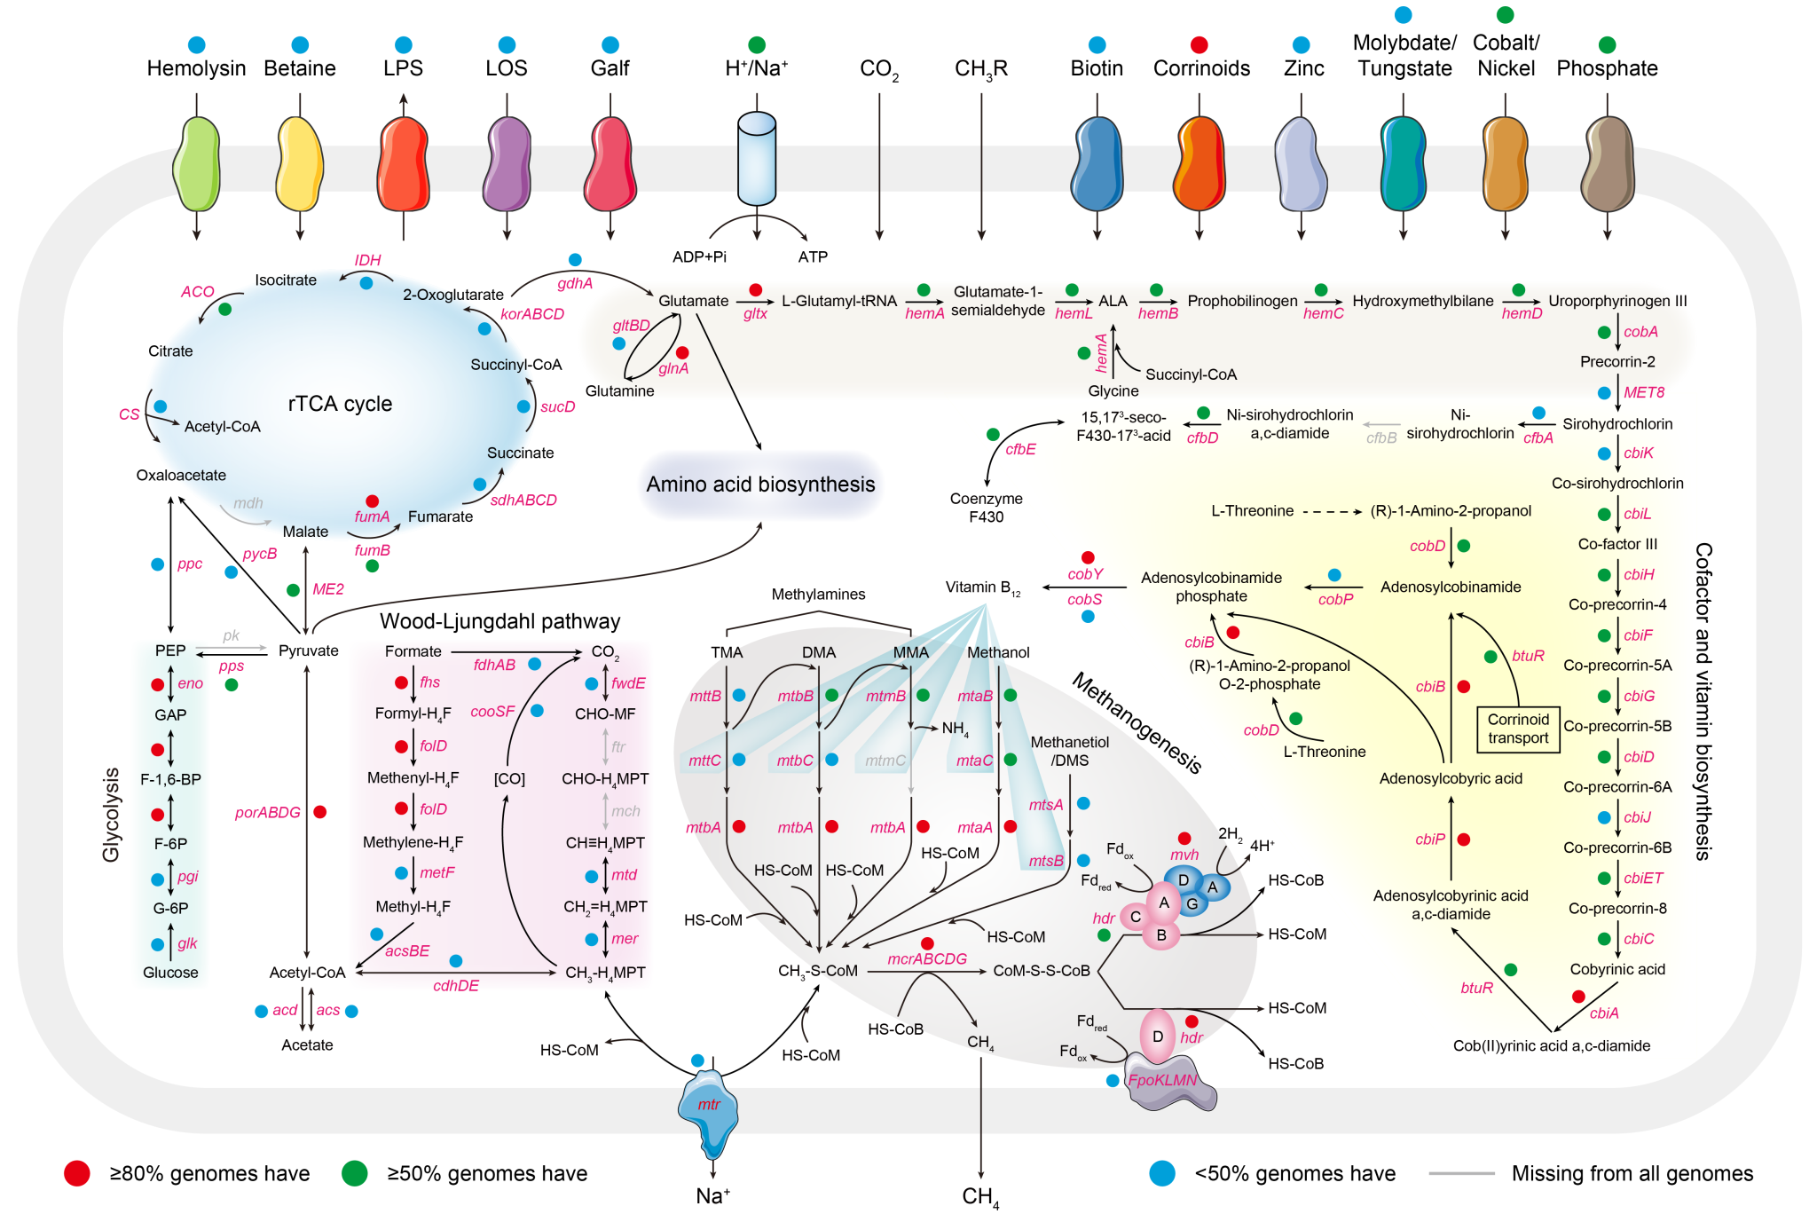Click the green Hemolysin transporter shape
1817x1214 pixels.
click(x=196, y=165)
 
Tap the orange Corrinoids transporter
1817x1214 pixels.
click(x=1200, y=165)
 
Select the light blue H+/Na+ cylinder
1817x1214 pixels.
click(x=757, y=158)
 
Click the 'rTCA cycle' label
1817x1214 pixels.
click(x=340, y=404)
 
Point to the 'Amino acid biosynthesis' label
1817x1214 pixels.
click(x=760, y=485)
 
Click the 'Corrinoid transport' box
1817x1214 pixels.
click(x=1518, y=729)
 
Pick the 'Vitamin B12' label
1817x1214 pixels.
click(x=982, y=587)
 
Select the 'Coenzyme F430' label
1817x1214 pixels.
click(x=986, y=508)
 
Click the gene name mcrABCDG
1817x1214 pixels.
click(x=927, y=958)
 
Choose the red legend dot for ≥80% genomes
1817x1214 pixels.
click(x=77, y=1173)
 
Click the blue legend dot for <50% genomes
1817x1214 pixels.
click(x=1162, y=1173)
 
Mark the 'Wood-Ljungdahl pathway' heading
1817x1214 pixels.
click(x=499, y=621)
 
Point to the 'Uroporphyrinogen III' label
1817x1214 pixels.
click(x=1617, y=301)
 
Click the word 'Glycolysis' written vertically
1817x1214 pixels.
click(x=111, y=814)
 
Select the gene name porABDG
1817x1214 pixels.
click(x=267, y=812)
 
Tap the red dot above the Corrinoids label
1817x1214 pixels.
click(x=1200, y=44)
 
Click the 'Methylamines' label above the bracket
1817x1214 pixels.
click(x=818, y=595)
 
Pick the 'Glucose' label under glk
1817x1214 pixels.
click(x=170, y=973)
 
